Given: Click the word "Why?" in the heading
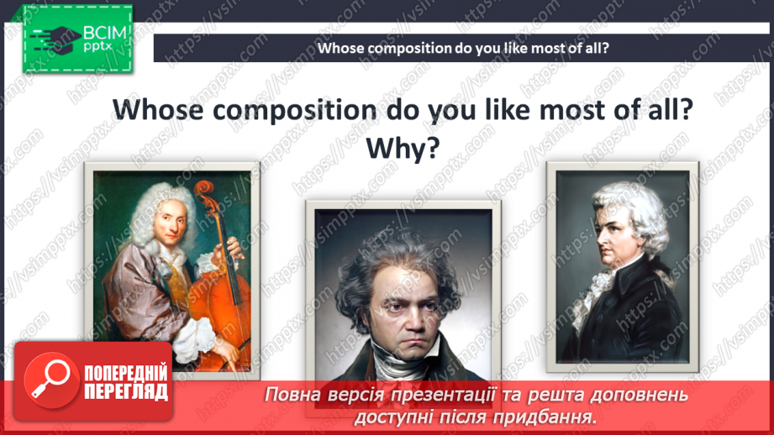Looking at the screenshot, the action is coord(403,148).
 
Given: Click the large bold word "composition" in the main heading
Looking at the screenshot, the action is coord(295,109).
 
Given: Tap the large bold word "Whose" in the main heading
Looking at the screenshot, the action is coord(158,109).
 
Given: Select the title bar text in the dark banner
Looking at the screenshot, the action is coord(463,48).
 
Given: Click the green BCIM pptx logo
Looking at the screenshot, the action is coord(77,39).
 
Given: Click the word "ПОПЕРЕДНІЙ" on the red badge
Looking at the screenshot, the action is coord(126,374).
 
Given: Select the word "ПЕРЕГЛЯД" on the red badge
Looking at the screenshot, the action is coord(126,392).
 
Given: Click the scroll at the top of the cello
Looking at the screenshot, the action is coord(203,190).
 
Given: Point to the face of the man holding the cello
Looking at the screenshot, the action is coord(171,225).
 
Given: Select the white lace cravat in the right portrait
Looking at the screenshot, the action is coord(600,291).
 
